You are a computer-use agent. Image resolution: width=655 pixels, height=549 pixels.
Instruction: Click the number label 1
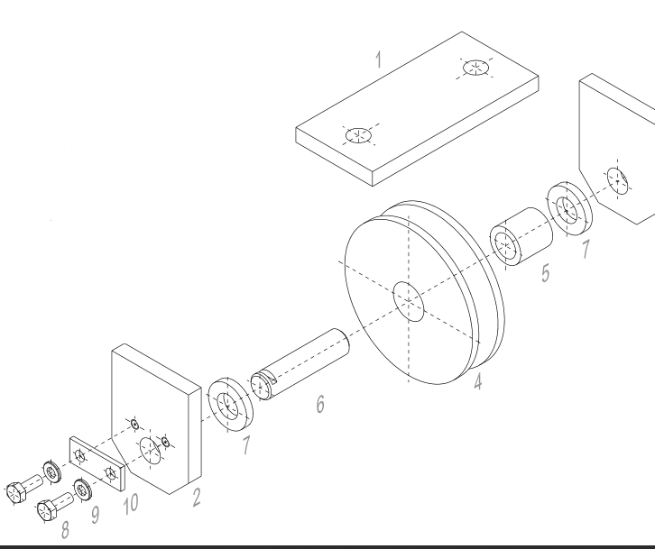click(x=379, y=60)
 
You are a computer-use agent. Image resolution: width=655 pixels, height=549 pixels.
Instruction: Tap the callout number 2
click(x=196, y=495)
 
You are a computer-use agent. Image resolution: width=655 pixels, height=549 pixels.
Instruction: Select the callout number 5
click(x=546, y=271)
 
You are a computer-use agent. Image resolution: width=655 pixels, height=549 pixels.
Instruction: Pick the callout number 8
click(x=66, y=529)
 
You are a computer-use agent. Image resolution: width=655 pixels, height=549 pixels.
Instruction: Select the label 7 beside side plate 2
click(x=245, y=443)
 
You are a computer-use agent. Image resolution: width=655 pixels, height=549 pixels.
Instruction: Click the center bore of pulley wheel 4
click(x=408, y=301)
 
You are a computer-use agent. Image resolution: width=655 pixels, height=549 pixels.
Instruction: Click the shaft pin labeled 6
click(x=302, y=361)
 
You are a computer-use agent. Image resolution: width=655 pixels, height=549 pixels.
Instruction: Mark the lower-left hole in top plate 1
click(x=358, y=136)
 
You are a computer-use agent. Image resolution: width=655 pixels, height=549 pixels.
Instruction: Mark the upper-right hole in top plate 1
click(x=475, y=68)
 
